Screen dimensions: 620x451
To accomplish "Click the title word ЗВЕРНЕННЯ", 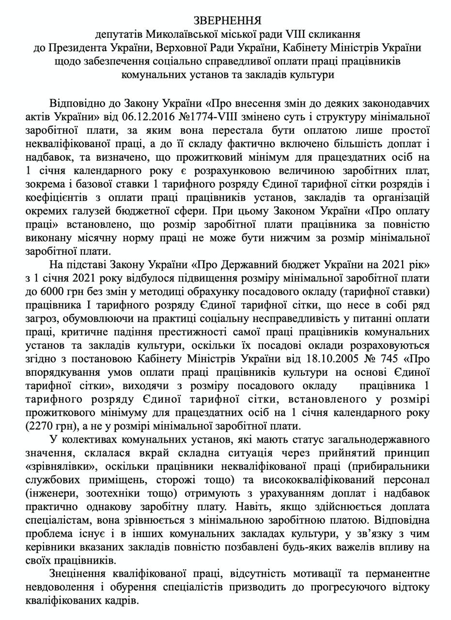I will tap(227, 20).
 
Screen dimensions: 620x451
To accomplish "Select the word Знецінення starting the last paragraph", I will tap(77, 573).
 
